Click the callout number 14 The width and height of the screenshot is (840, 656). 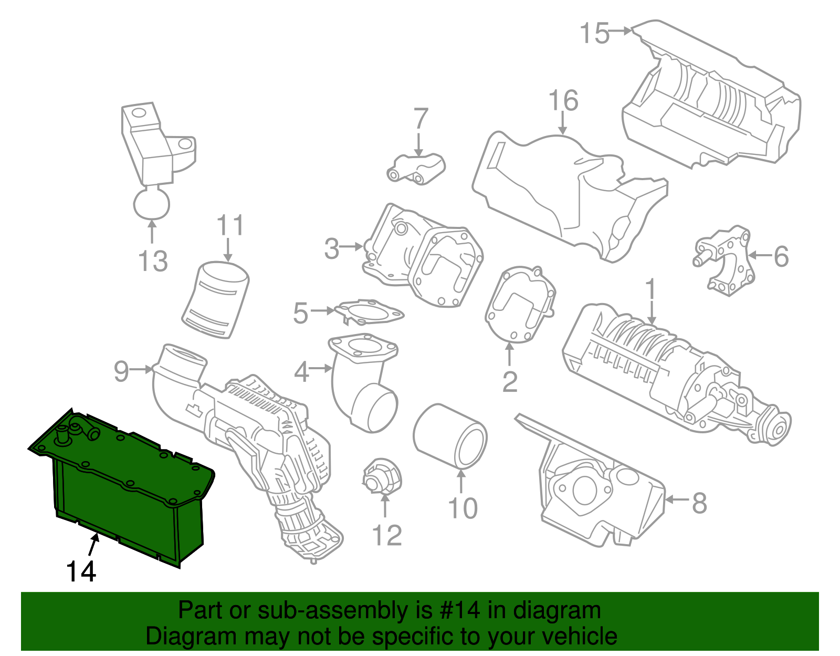click(81, 571)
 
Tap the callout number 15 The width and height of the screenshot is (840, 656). click(594, 34)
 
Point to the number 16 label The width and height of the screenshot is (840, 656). click(563, 101)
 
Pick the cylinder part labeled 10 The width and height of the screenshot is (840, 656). click(450, 436)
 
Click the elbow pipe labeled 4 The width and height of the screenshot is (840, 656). click(362, 383)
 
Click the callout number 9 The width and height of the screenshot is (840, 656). click(121, 371)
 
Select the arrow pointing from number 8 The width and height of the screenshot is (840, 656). click(677, 499)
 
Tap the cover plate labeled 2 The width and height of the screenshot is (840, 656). click(520, 305)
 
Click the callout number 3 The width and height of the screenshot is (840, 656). click(331, 248)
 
